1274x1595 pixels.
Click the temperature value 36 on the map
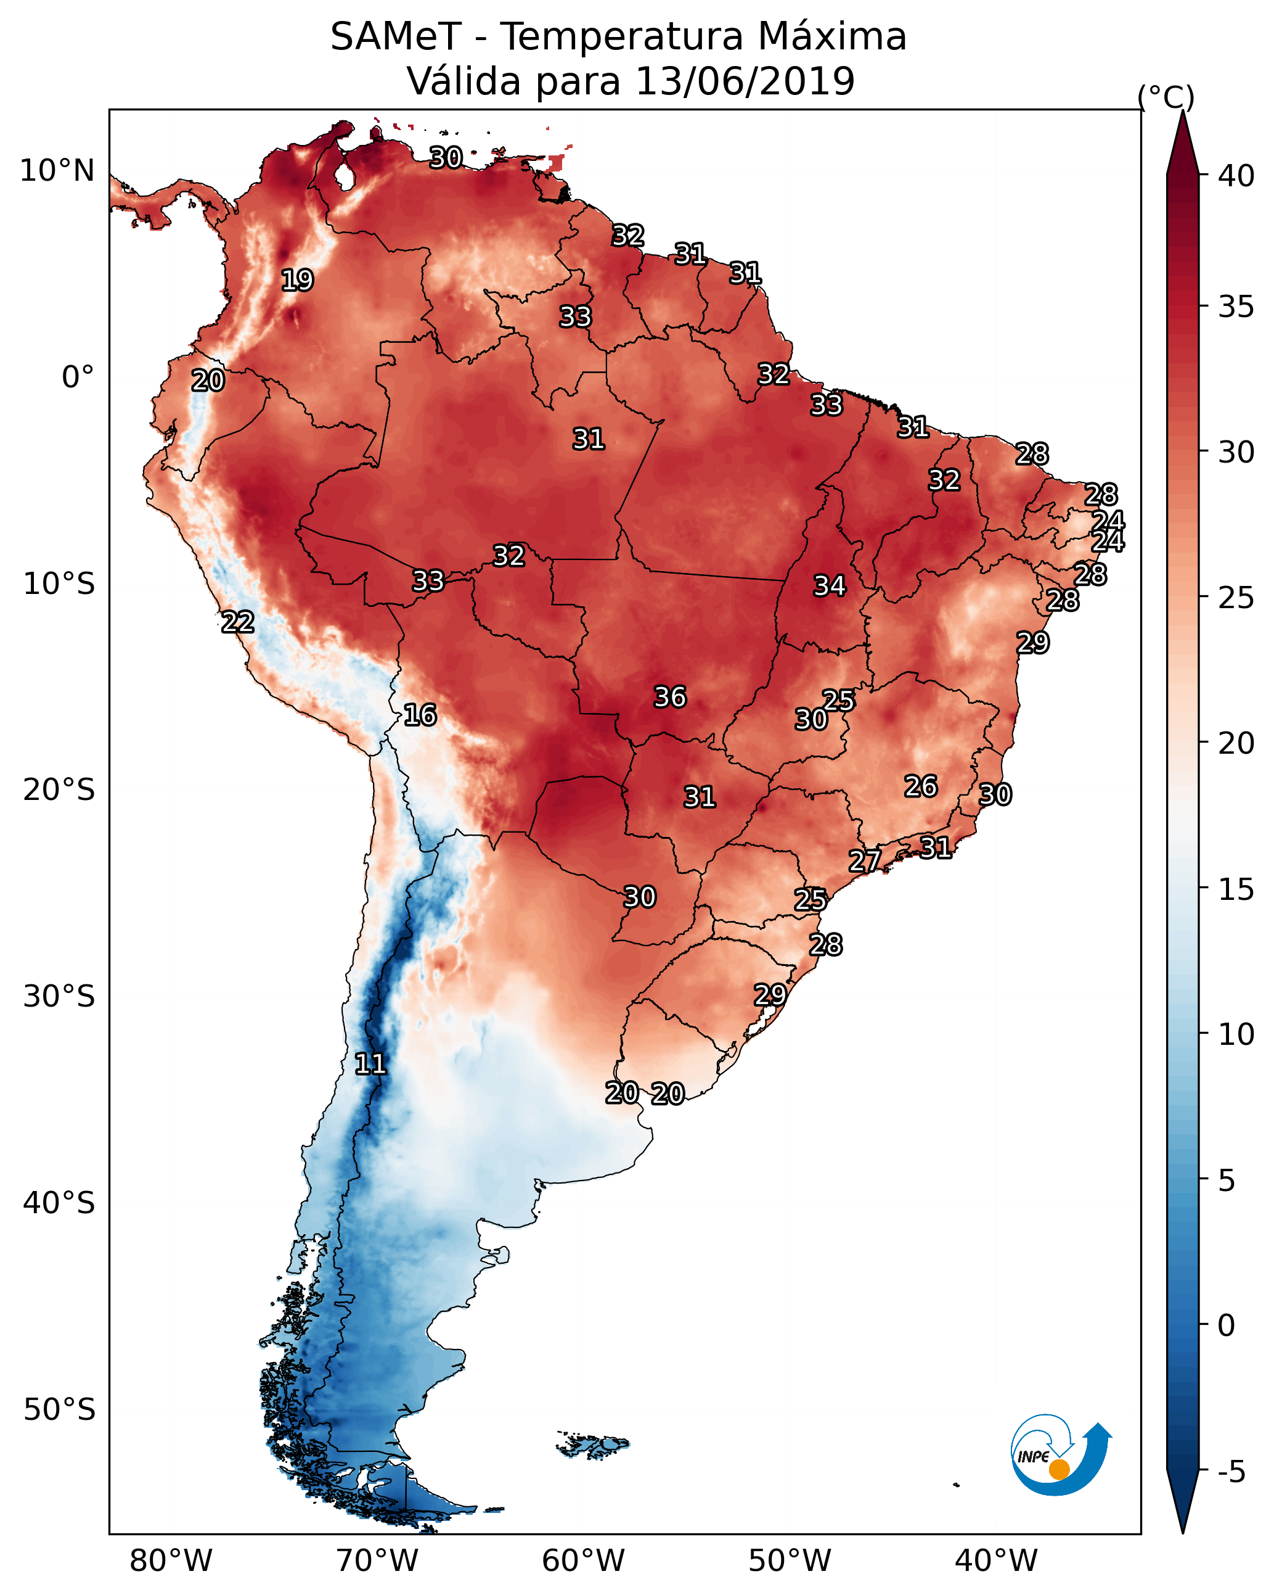click(670, 697)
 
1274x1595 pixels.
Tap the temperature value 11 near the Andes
click(370, 1064)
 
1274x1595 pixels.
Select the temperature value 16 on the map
click(420, 715)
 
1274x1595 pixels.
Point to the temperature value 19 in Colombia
click(297, 281)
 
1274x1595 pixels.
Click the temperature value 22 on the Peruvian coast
click(237, 622)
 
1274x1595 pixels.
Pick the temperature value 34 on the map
click(830, 586)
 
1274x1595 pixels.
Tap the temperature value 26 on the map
click(921, 786)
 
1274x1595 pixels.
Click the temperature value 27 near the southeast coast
click(864, 860)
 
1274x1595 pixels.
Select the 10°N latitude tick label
click(57, 171)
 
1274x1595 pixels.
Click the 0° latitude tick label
click(78, 377)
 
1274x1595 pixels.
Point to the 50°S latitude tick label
click(59, 1410)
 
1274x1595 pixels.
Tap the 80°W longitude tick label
click(171, 1561)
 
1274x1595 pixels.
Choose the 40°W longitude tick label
click(996, 1561)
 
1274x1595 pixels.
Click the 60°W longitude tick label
click(584, 1561)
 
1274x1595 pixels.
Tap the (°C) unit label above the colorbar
click(1166, 97)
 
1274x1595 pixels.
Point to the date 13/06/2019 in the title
click(745, 81)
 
